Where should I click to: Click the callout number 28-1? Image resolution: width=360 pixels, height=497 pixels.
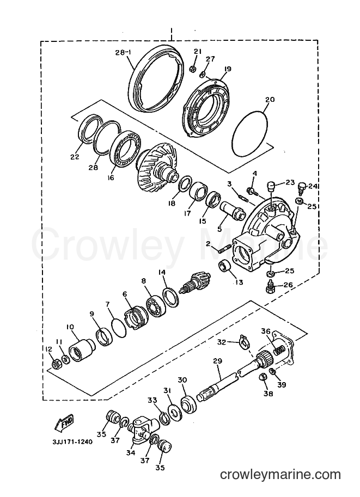tap(123, 52)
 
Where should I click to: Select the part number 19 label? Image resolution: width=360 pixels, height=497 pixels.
tap(228, 69)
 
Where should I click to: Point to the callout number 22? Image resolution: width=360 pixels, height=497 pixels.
tap(75, 157)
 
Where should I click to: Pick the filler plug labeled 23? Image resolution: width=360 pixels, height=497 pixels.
tap(271, 186)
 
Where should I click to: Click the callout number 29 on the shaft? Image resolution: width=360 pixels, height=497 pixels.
tap(218, 361)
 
